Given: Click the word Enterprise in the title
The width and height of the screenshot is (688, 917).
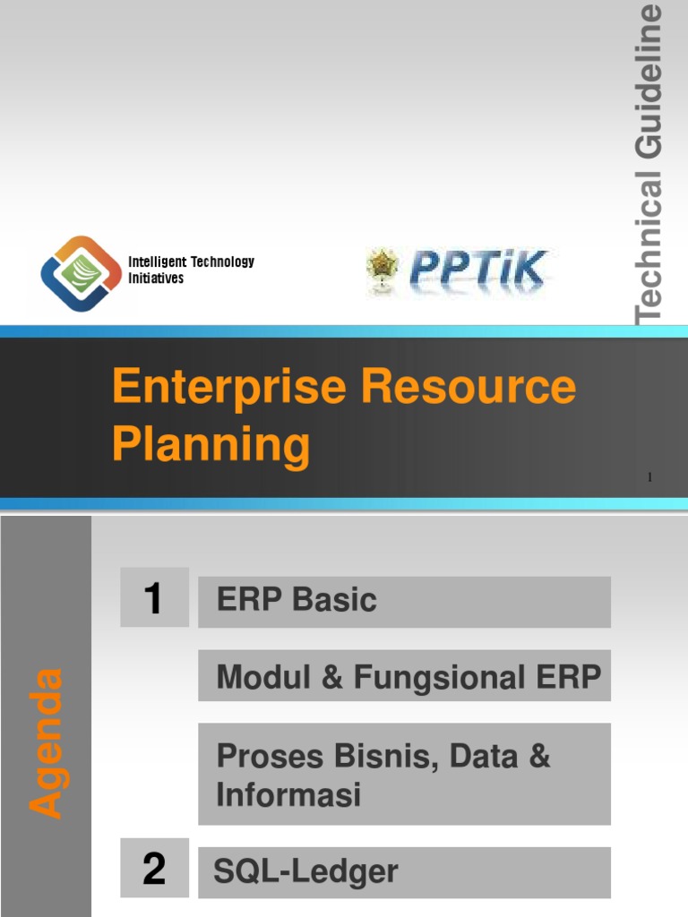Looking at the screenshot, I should click(230, 387).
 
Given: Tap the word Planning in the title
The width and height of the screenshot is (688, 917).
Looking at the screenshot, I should click(211, 444).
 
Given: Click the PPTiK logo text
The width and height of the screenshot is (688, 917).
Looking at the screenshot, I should click(478, 270).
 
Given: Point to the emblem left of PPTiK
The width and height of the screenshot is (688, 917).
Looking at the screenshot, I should click(380, 270).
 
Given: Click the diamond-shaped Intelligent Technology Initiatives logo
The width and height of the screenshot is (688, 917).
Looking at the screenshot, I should click(81, 272).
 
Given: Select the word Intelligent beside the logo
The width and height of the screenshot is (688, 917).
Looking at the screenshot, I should click(158, 261).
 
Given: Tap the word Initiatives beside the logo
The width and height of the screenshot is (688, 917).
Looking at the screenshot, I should click(156, 279).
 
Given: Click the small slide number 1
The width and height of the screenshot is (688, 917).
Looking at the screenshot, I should click(649, 477).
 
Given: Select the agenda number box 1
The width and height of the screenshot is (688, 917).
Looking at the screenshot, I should click(154, 597).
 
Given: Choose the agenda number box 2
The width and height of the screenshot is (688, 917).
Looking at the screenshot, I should click(154, 869).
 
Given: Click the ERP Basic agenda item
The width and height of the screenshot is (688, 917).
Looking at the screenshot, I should click(297, 600).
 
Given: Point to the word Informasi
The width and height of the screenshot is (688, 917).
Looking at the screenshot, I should click(288, 794).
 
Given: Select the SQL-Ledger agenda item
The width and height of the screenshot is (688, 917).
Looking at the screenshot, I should click(305, 871).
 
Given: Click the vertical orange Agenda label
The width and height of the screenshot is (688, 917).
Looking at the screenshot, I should click(47, 742).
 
